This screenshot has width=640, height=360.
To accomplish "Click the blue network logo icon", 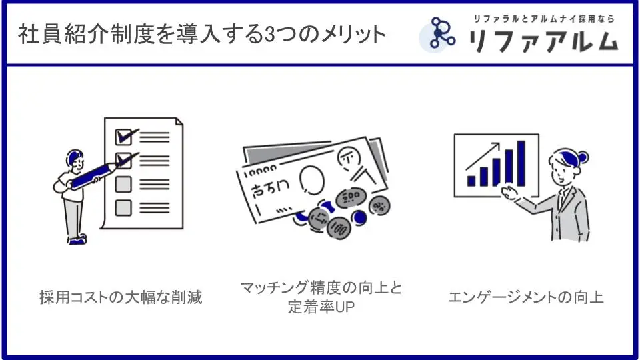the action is pos(439,33).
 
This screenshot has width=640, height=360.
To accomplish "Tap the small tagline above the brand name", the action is pos(544,19).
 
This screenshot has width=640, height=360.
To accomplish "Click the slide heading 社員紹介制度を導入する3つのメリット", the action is pos(202,34).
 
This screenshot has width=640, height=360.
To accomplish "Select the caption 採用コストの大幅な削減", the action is pos(121,297).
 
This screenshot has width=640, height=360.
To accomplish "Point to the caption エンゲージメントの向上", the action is pos(526,297).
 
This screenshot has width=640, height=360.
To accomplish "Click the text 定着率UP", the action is pos(321,307).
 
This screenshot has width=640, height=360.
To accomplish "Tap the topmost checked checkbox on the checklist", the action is pos(124,137).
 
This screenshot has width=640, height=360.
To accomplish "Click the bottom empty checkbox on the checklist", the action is pos(123,208).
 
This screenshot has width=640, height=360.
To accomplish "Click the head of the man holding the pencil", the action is pos(75,159).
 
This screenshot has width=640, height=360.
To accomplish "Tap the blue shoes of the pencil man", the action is pos(77,239).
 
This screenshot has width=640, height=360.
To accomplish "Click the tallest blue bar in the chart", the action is pos(521,163).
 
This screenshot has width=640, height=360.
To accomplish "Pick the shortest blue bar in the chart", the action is pos(471,181).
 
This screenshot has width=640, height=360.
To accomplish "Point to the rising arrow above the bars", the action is pos(483,156).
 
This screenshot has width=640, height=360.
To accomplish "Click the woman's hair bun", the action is pos(583,157).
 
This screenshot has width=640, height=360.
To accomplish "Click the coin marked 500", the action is pos(350,198).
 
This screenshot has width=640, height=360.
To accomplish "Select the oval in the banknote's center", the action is pos(312,180).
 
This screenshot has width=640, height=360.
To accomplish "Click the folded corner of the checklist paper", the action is pos(179,121).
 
